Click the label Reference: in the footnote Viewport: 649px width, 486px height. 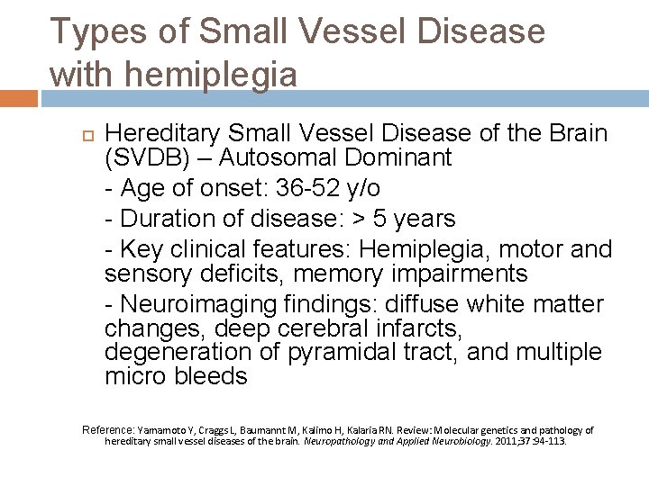click(x=109, y=430)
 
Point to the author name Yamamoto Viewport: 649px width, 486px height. click(x=165, y=430)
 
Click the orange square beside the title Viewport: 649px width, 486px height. click(x=19, y=98)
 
